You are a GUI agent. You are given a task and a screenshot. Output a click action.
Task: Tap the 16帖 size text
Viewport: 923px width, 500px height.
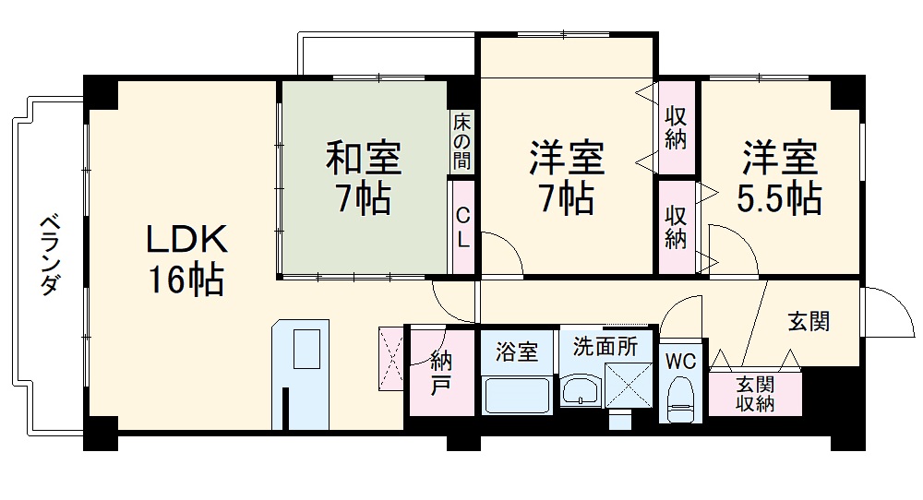click(186, 279)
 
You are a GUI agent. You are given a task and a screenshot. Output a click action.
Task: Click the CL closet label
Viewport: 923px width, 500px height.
click(463, 228)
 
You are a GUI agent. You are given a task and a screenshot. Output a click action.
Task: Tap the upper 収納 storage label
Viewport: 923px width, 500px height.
click(676, 129)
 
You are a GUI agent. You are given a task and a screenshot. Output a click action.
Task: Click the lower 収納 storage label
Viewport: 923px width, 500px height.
click(676, 226)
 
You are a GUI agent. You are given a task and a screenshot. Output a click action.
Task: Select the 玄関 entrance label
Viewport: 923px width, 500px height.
click(809, 321)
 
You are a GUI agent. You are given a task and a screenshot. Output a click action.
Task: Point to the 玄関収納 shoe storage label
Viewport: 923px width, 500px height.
click(755, 394)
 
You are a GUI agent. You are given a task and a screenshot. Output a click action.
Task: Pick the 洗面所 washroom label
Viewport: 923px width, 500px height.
click(605, 348)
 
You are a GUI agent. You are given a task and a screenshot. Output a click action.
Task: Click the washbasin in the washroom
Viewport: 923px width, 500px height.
click(580, 391)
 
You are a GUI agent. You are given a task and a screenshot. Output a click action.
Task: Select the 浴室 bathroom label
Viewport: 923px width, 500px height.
click(516, 351)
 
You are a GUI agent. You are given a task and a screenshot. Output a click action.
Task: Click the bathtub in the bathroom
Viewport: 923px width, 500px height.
click(517, 395)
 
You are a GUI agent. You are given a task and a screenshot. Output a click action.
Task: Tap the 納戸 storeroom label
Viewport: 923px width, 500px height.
click(441, 373)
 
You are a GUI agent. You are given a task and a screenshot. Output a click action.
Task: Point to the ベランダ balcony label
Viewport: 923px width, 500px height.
click(47, 255)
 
